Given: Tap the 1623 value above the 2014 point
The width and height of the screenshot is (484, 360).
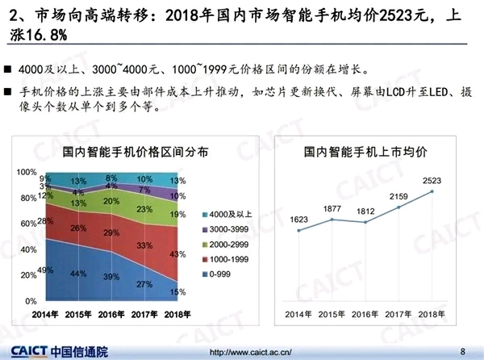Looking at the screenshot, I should pos(298,218).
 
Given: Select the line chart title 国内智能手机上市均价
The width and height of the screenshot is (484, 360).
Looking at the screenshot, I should pos(365,152).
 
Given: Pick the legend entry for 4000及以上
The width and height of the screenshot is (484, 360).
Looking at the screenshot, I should pos(229,214).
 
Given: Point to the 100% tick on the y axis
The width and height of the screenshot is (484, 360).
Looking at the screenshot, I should pos(27,172).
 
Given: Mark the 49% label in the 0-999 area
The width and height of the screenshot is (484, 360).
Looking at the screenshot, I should pos(45,270).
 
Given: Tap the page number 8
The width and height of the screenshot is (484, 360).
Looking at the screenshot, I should pos(462,351).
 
